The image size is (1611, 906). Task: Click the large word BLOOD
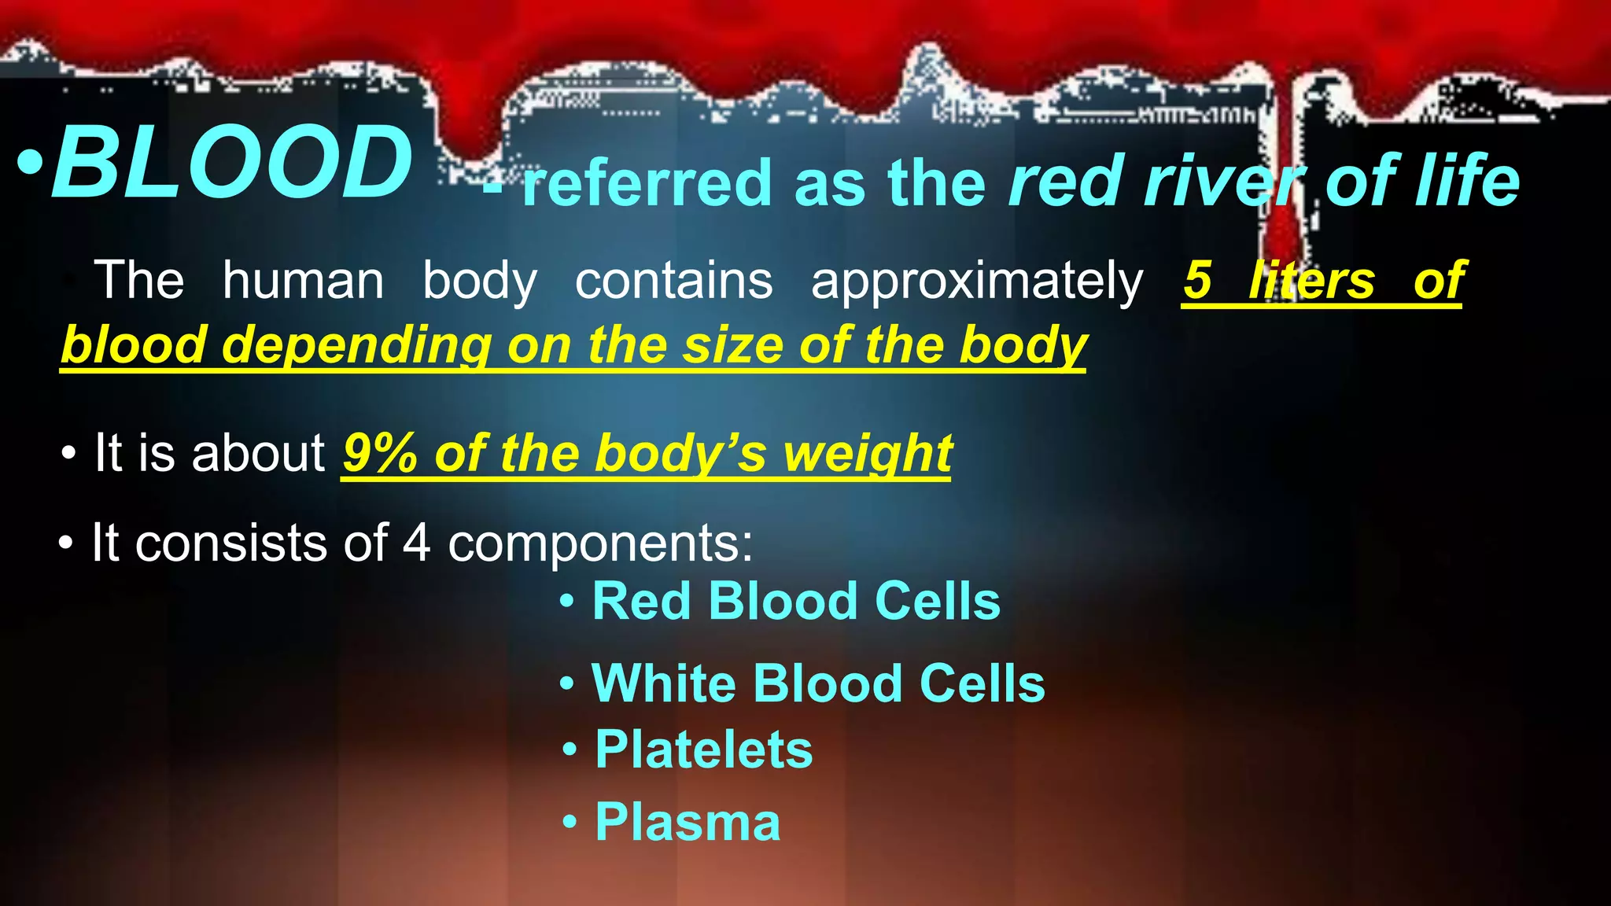pos(232,164)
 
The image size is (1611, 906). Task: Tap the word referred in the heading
pos(647,183)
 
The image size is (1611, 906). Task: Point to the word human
pos(303,281)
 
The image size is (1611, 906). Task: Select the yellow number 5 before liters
pos(1197,280)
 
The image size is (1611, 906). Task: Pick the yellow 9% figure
pos(380,454)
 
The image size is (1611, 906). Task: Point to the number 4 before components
pos(416,543)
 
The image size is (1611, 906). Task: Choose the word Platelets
pos(703,749)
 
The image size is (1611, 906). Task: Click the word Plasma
pos(688,823)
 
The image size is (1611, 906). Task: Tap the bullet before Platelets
pos(570,750)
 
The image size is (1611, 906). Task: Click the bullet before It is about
pos(69,455)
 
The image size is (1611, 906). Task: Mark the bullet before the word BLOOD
pos(30,164)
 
